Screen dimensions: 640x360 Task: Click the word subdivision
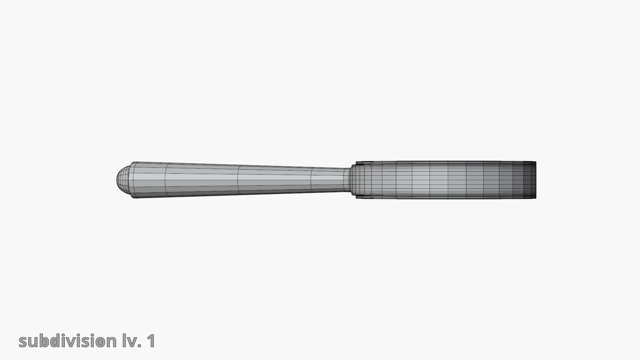tap(67, 341)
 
